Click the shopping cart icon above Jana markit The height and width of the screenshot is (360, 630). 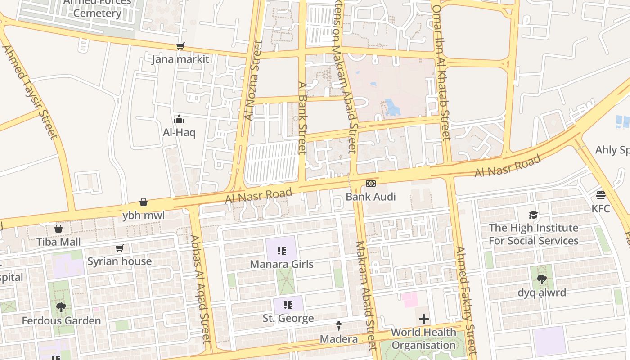[180, 46]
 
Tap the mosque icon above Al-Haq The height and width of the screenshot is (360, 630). [179, 119]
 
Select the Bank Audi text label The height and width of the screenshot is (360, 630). [370, 197]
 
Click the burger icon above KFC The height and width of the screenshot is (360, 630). [601, 195]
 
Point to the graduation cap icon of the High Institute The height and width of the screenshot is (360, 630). [533, 215]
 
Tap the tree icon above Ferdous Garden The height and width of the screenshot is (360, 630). [61, 307]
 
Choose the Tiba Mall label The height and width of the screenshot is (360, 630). [58, 242]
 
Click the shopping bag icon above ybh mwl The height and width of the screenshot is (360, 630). [144, 202]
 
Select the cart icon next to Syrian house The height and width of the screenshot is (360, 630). [120, 248]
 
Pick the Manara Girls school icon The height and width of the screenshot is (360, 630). [282, 251]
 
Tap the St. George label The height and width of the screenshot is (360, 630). [288, 318]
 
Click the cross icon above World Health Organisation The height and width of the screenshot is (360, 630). [423, 319]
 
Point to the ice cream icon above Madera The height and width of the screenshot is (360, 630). [339, 325]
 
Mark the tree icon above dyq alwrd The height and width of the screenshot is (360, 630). [542, 279]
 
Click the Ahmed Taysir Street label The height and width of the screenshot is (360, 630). [30, 92]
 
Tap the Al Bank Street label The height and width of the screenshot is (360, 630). [302, 118]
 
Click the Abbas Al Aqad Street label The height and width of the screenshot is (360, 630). [201, 289]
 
